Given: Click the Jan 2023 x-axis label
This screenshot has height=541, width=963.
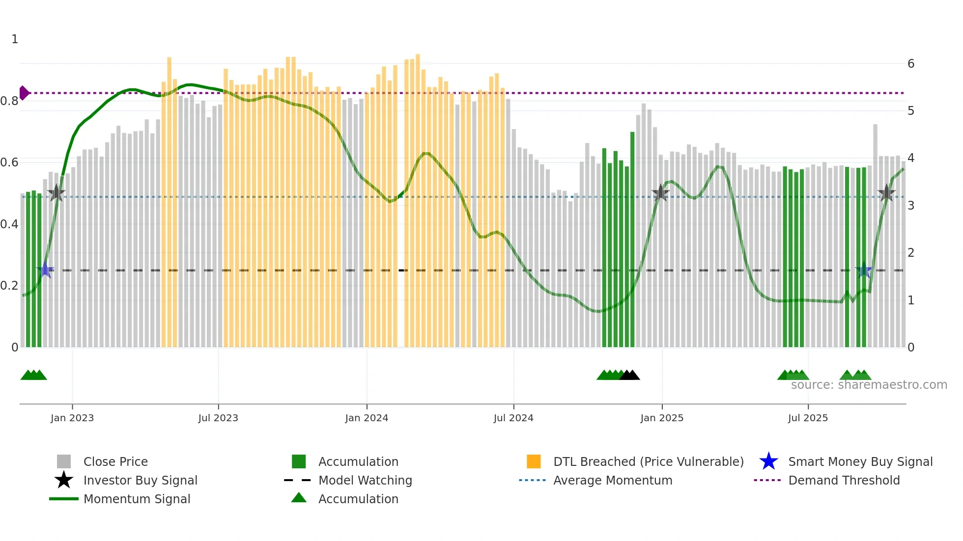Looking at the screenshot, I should [x=72, y=418].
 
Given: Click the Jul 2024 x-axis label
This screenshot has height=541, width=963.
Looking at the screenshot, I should [x=513, y=418].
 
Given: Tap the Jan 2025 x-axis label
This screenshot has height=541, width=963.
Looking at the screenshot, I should [x=661, y=418].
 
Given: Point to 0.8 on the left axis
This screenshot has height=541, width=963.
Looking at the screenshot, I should [x=10, y=101].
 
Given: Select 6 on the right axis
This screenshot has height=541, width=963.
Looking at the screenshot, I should [x=910, y=64].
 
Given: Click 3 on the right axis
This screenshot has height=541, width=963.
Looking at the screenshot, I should [x=910, y=206].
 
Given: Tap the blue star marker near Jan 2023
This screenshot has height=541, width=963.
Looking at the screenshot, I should [x=46, y=270].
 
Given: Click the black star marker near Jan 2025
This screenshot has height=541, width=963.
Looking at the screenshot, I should [x=660, y=193].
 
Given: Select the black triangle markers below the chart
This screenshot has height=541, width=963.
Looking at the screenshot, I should [x=629, y=376].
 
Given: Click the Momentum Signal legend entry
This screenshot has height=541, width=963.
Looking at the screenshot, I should [x=137, y=499].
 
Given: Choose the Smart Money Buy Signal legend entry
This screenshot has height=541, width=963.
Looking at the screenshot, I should [x=860, y=461].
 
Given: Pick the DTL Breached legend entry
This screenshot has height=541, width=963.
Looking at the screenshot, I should [x=648, y=461].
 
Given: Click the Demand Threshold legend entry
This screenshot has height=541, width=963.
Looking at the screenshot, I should [x=844, y=480].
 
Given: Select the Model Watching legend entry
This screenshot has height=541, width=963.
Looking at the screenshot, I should [x=365, y=480].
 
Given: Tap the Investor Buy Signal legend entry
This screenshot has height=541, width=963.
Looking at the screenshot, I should [x=140, y=480].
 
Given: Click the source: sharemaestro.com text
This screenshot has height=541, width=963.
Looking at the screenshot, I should [x=869, y=385].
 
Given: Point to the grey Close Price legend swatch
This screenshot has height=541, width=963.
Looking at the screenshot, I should [x=64, y=461].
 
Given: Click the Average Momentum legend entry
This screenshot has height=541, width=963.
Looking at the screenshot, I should [x=612, y=480].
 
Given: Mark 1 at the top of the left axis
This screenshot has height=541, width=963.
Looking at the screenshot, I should [x=15, y=39].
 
